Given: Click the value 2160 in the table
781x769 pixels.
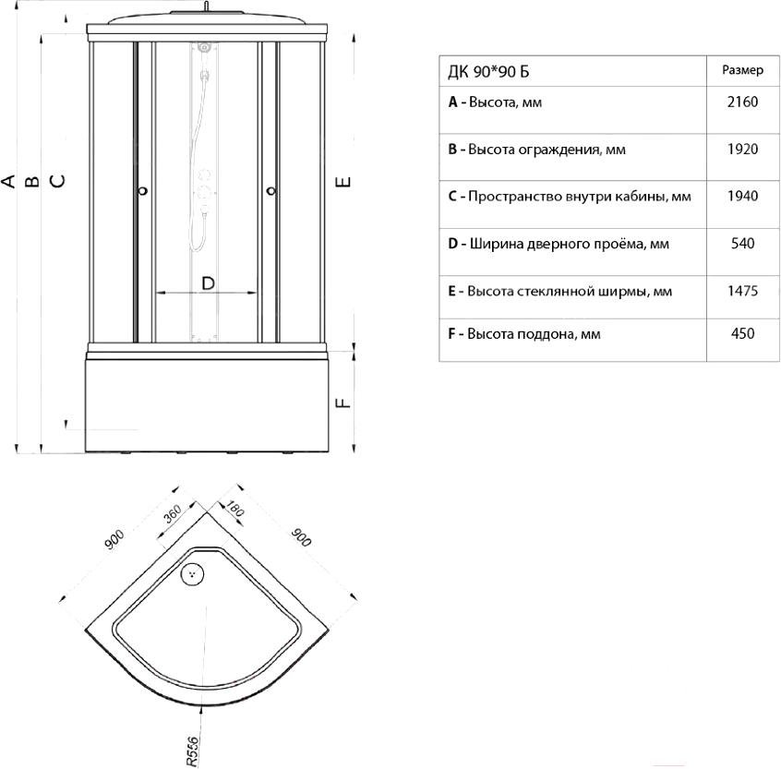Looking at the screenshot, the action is (742, 102).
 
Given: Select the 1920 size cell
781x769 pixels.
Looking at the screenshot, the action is (742, 150).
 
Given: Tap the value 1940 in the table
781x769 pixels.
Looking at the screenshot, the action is (742, 196).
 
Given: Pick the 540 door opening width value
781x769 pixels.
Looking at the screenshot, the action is (742, 244).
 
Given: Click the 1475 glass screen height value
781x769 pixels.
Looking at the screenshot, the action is (742, 291).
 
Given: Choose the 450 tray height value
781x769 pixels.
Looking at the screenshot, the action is (742, 333).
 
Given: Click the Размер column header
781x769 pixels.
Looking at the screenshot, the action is (742, 70).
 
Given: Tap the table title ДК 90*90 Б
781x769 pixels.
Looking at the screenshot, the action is (488, 72).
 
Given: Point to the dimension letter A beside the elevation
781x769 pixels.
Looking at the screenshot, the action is (8, 180).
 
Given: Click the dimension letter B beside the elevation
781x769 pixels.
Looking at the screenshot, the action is (32, 180).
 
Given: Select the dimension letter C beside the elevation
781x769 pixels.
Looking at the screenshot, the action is (58, 180).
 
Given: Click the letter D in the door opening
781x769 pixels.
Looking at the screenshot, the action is (208, 283).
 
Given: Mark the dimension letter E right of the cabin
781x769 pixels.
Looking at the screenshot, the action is (343, 182).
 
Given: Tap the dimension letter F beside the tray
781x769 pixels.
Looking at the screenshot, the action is (343, 402).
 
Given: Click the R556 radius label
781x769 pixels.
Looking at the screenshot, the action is (192, 751).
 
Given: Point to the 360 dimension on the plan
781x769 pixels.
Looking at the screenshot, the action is (173, 514).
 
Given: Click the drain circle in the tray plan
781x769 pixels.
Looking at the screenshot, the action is (192, 574).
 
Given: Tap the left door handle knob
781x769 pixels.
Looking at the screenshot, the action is (143, 191).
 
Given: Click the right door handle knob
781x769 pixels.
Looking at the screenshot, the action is (271, 191).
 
